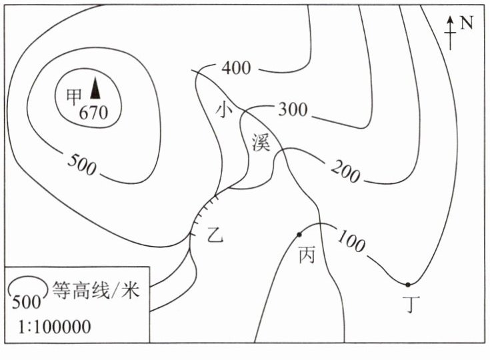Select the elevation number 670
pos(93,113)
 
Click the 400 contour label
pos(235,68)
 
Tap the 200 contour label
pos(345,172)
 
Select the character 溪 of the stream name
pos(261,142)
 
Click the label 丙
pos(306,256)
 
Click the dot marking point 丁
pos(408,285)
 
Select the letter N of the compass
pos(467,23)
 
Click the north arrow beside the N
pos(451,32)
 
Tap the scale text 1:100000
pos(51,327)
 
